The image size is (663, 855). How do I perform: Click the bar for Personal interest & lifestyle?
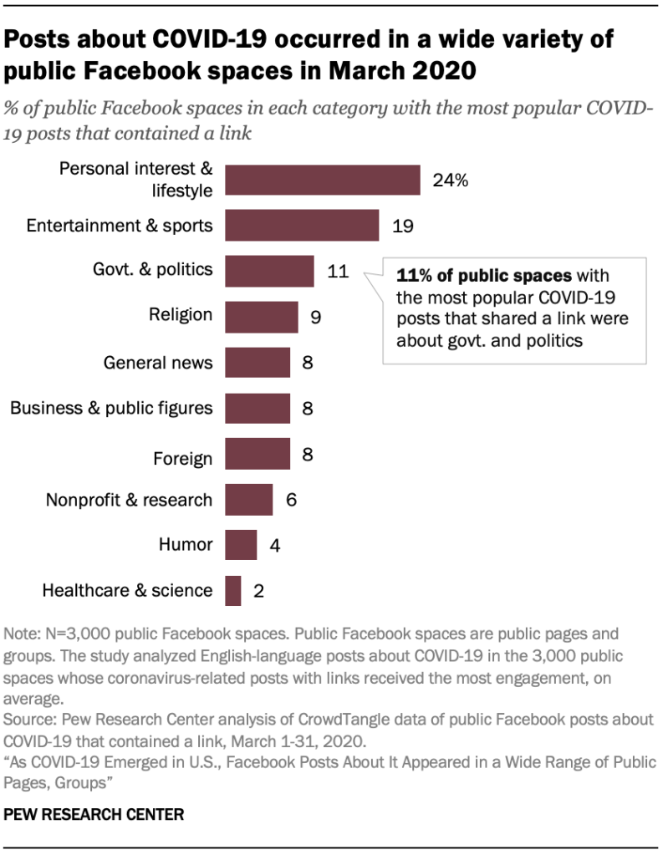click(322, 180)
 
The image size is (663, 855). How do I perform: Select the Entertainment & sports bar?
click(302, 225)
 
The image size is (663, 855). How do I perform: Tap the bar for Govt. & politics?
click(269, 271)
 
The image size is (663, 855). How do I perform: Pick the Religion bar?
click(261, 317)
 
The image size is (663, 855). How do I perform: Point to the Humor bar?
click(241, 545)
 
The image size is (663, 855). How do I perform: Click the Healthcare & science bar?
click(233, 591)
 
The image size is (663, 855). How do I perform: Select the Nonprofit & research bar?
click(249, 500)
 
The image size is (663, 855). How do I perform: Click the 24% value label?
click(450, 180)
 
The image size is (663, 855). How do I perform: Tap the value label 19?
click(404, 226)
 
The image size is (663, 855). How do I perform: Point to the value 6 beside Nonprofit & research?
click(291, 500)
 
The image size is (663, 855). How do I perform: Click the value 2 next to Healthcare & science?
click(258, 592)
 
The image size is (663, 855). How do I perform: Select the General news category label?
click(158, 363)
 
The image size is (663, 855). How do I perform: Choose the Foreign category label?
click(182, 458)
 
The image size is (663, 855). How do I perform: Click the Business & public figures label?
click(111, 409)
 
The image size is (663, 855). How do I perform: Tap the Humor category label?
click(186, 545)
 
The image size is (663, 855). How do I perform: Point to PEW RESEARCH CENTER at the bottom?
click(94, 812)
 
